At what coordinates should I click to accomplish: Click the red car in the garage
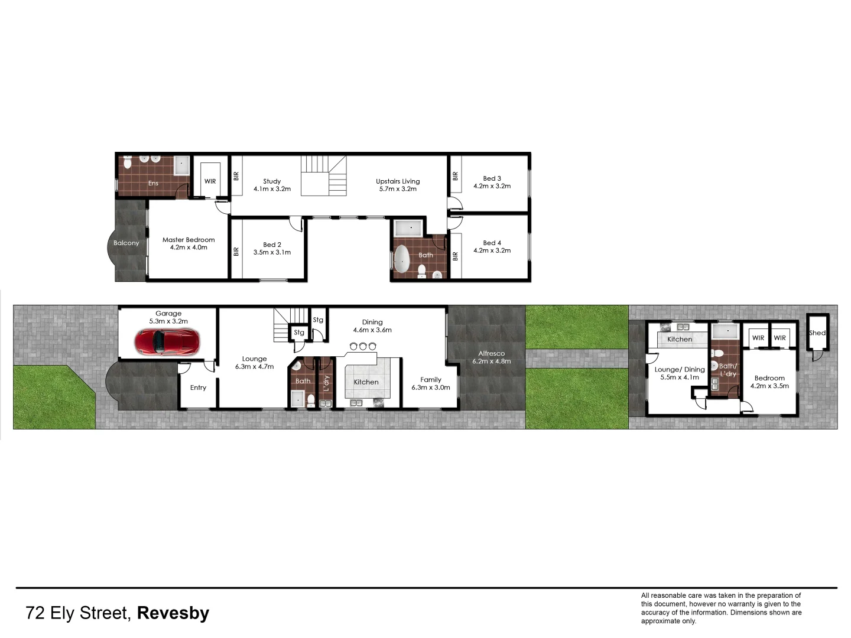pos(168,341)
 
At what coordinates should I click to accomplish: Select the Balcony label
pos(126,243)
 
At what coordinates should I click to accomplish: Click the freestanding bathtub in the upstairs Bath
pos(402,258)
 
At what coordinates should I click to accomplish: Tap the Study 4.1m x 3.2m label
pos(272,185)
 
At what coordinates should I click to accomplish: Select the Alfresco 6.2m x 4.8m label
pos(492,357)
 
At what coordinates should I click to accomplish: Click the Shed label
pos(817,333)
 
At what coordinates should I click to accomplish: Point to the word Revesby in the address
pos(173,613)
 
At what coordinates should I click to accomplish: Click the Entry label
pos(198,388)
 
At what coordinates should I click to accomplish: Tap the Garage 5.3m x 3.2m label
pos(168,317)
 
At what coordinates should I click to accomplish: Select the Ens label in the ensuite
pos(153,183)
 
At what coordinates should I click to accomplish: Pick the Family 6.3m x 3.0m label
pos(431,383)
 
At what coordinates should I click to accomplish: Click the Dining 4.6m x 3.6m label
pos(372,325)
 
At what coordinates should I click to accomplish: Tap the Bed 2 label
pos(272,248)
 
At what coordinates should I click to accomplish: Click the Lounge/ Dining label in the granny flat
pos(680,373)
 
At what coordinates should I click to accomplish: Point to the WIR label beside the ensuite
pos(210,181)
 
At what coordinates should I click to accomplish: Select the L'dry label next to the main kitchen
pos(326,383)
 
